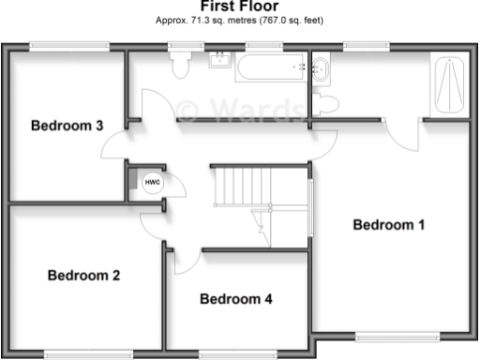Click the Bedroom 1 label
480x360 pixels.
point(389,225)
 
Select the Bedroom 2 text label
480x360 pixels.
point(83,276)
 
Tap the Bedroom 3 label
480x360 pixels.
point(67,126)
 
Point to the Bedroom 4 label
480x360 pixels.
point(236,300)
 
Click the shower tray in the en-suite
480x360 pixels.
point(448,83)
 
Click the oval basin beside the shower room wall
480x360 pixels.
point(320,67)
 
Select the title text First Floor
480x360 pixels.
point(239,6)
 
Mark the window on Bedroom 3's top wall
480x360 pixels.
point(53,45)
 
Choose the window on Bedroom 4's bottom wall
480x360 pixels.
point(232,353)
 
